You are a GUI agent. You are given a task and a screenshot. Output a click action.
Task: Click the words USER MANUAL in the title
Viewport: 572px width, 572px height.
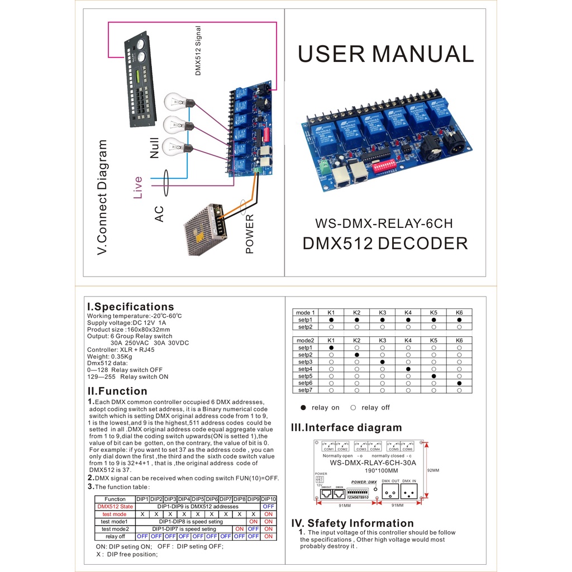(385, 54)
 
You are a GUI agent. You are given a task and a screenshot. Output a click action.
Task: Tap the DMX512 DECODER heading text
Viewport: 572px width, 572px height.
(385, 244)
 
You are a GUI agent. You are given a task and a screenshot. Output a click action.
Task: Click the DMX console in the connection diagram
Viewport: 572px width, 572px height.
(140, 79)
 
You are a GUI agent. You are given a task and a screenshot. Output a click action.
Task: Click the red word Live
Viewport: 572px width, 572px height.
(138, 187)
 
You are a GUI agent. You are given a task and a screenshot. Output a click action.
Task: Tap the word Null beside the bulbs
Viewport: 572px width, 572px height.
(155, 148)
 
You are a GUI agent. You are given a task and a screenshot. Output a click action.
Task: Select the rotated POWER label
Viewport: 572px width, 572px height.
(250, 234)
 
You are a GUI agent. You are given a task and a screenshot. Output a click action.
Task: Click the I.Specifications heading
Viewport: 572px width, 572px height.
(131, 307)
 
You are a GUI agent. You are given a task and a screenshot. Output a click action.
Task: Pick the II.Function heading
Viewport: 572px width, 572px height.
(117, 391)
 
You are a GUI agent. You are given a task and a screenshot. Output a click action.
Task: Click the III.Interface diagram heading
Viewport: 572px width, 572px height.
(346, 428)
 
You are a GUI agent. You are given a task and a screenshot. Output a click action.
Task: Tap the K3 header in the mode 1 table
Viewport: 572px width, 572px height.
(383, 313)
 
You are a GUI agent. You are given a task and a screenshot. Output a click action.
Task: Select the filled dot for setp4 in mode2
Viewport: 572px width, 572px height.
(408, 369)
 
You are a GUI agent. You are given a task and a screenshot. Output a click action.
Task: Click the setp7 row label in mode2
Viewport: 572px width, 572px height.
(305, 390)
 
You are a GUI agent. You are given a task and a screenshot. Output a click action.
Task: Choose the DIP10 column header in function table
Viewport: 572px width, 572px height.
(269, 499)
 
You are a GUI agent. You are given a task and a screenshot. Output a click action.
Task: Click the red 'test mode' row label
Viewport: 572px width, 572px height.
(115, 514)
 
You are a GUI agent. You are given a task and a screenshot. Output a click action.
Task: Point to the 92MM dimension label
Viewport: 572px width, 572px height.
(433, 470)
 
